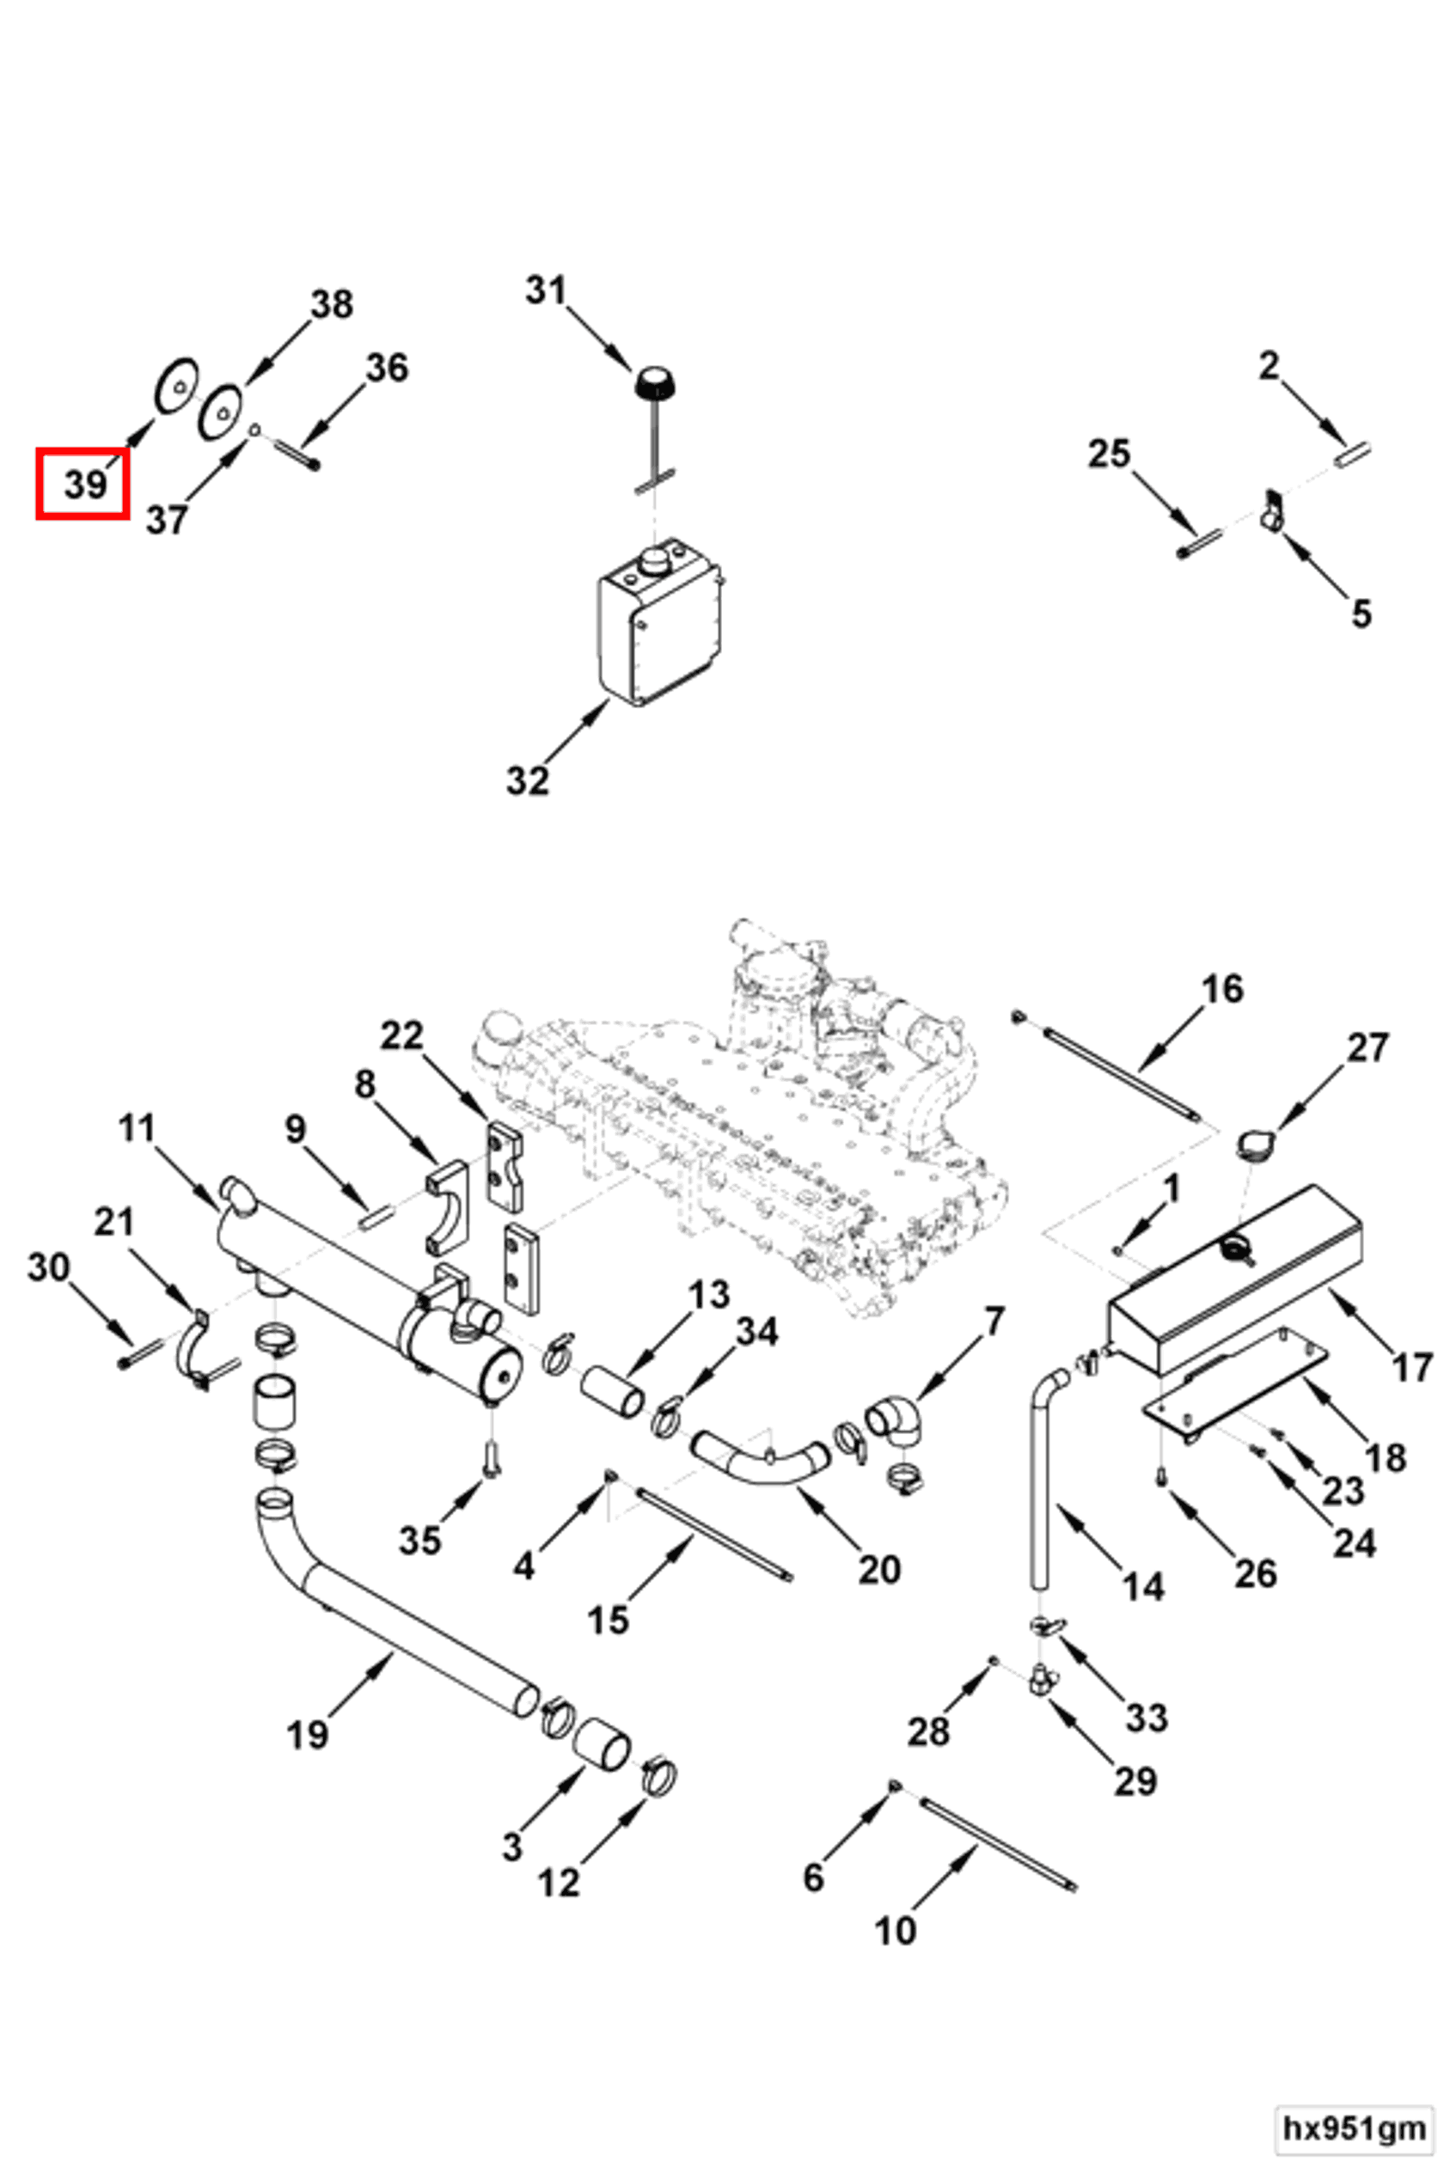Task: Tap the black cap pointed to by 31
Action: [654, 382]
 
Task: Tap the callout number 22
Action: [401, 1036]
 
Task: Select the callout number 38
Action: [332, 304]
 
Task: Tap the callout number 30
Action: [49, 1267]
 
